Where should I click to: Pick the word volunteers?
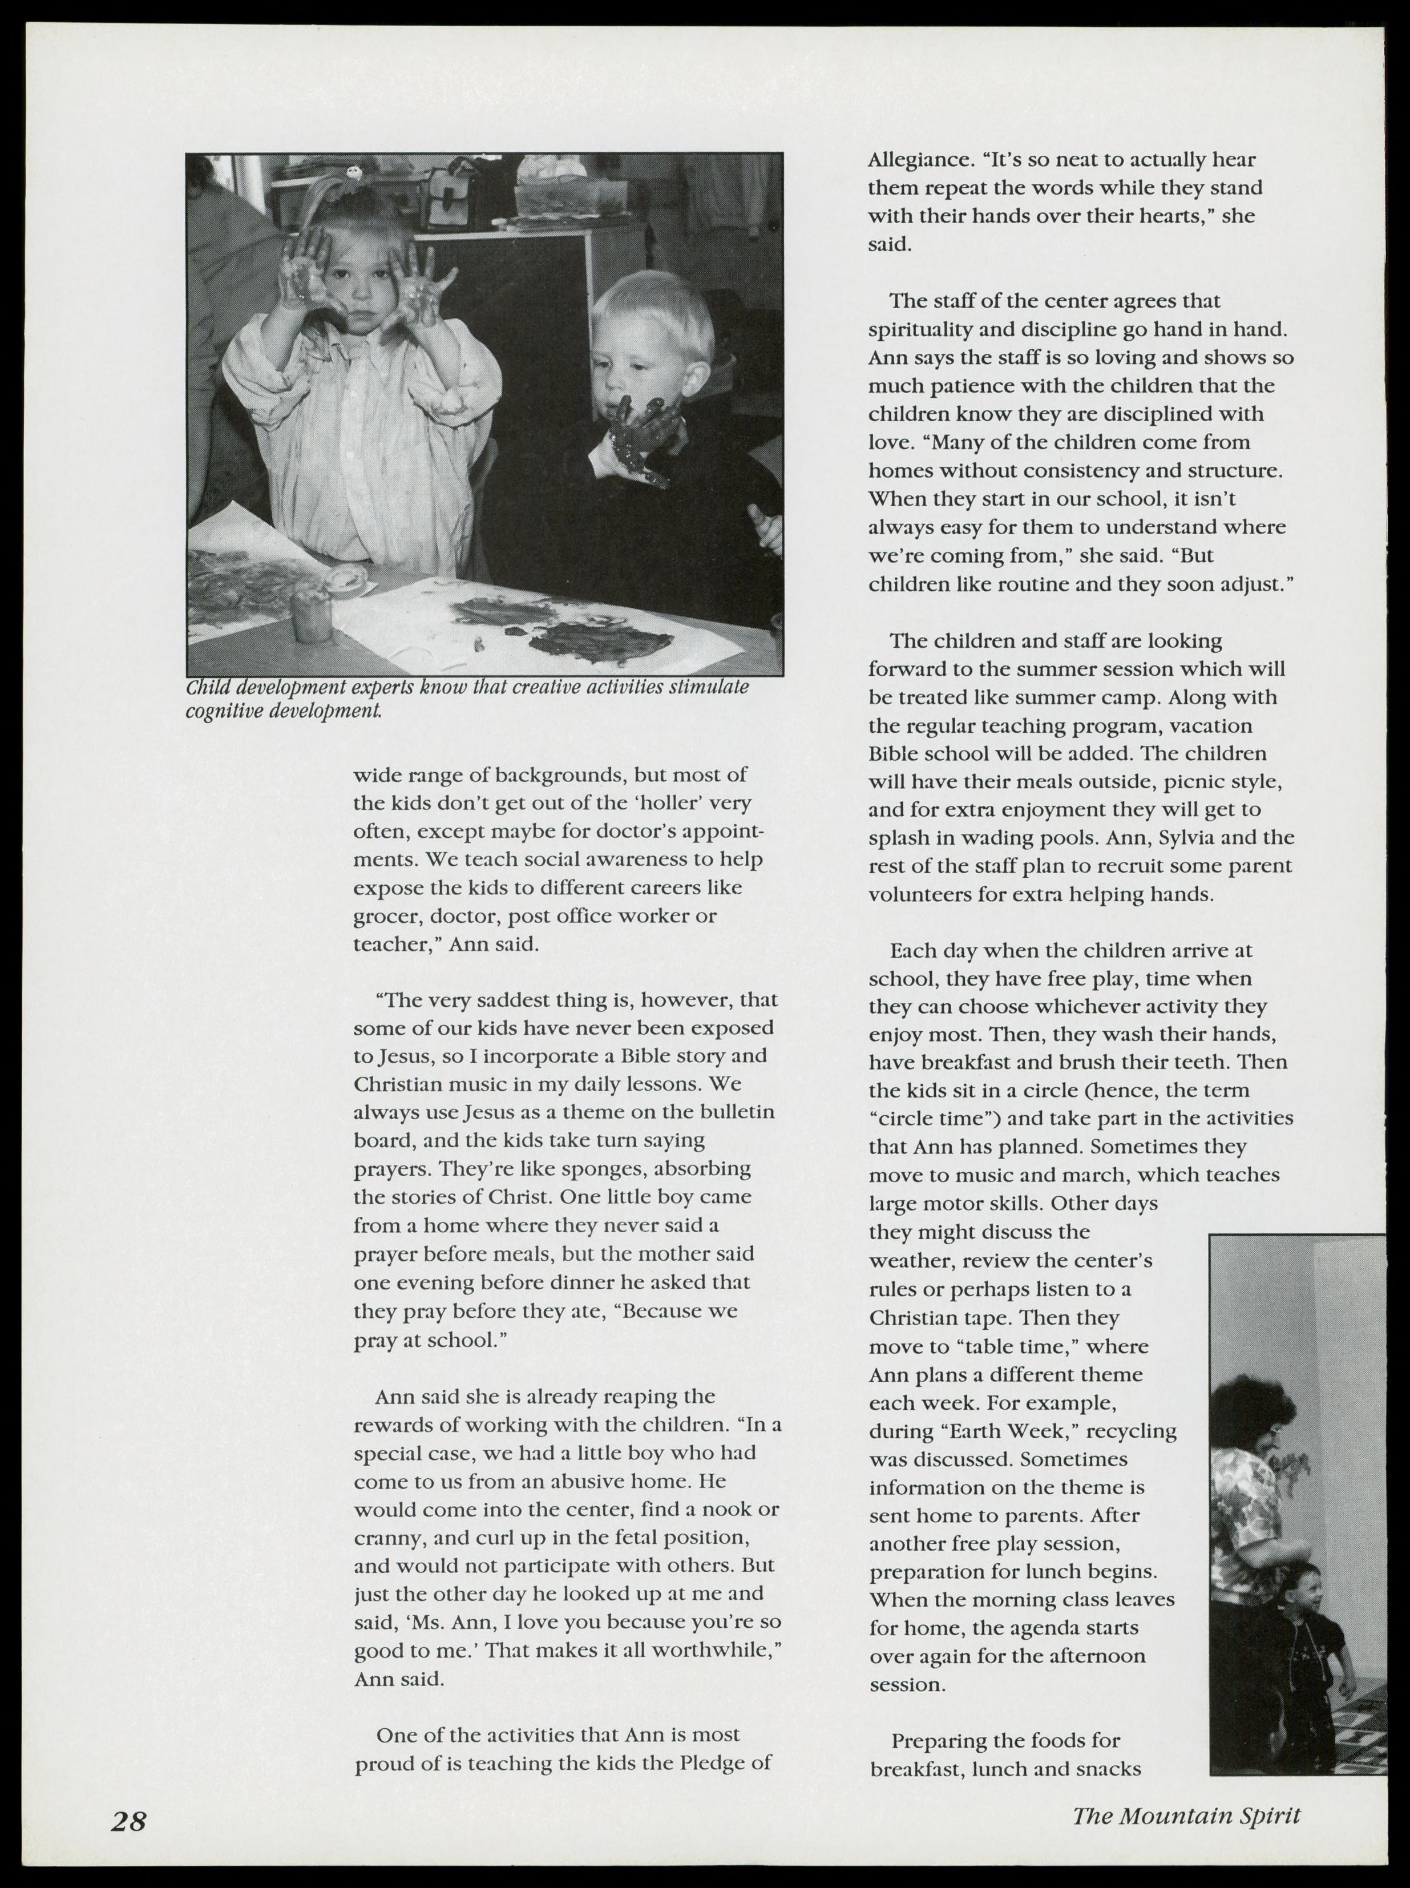(x=920, y=894)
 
